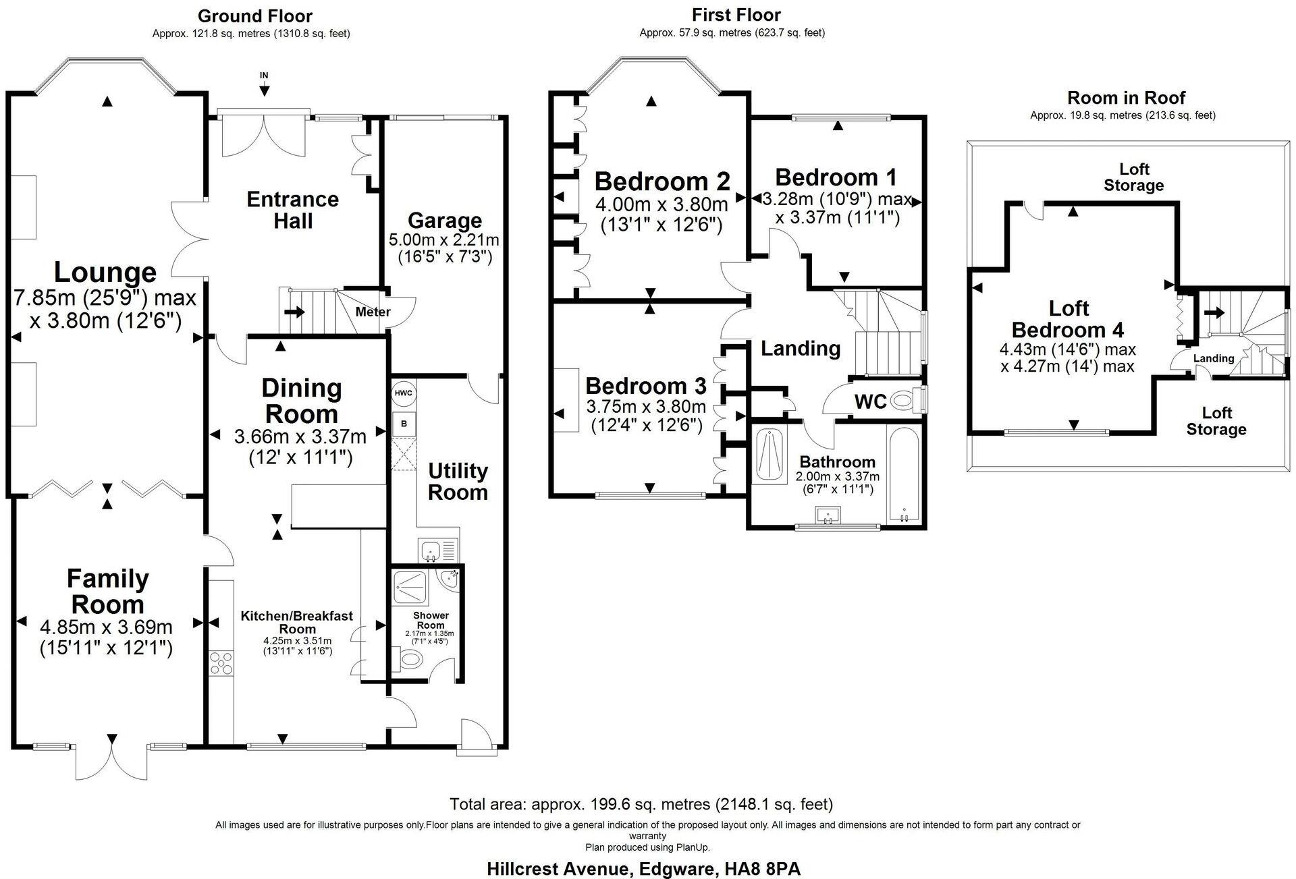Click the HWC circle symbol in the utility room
403,393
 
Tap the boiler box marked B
404,424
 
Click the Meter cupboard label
373,312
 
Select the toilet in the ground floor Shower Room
410,658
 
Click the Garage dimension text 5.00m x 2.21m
443,240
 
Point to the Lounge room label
105,273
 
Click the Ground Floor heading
255,16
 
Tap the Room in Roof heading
1126,98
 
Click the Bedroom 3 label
645,386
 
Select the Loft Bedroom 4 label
1068,319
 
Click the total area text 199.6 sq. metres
641,804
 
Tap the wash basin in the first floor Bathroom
828,516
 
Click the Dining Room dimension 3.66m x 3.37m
300,437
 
